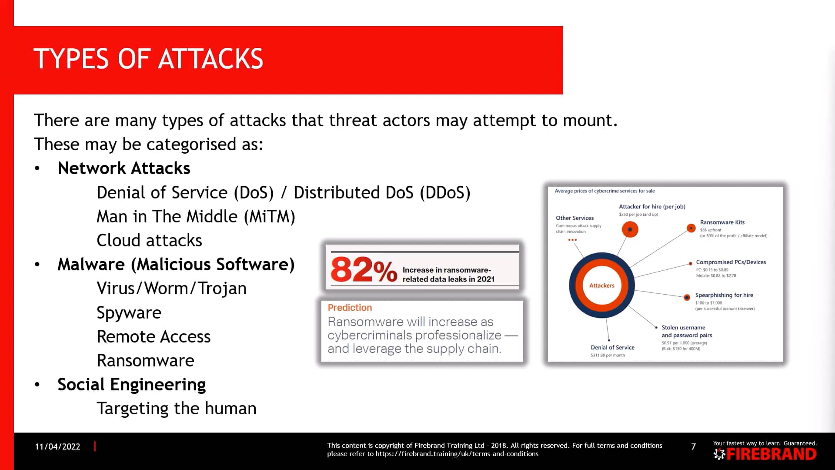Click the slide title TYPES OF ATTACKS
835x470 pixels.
click(x=148, y=59)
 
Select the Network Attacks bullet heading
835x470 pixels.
click(x=124, y=168)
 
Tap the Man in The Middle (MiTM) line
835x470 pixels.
click(x=196, y=217)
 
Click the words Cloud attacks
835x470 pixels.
click(x=149, y=241)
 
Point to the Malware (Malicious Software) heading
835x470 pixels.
click(x=176, y=265)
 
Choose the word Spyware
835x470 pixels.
click(x=129, y=313)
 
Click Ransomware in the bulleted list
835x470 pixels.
click(x=145, y=361)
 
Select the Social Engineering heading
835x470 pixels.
click(x=131, y=385)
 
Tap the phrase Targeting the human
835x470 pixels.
click(x=176, y=409)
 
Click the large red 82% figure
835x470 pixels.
click(x=364, y=270)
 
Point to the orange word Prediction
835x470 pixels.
click(x=350, y=308)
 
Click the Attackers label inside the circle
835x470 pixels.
click(x=601, y=285)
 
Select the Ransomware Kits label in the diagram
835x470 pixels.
click(x=722, y=222)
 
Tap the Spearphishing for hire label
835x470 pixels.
click(x=724, y=295)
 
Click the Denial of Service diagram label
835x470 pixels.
click(x=612, y=347)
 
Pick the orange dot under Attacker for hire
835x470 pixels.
click(x=630, y=229)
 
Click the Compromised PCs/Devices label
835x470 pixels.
click(x=731, y=262)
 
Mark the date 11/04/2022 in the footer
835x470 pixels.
click(x=57, y=446)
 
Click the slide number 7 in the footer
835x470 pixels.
click(x=693, y=446)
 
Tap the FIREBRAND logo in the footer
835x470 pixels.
click(x=765, y=454)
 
